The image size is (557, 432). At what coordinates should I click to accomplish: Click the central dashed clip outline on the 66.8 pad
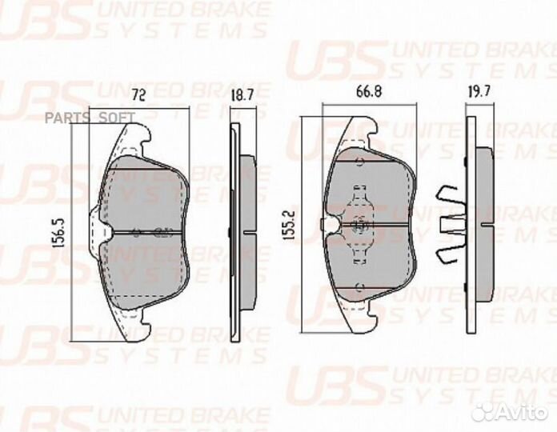pyautogui.click(x=359, y=226)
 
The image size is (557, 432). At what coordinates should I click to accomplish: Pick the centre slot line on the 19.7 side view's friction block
pyautogui.click(x=479, y=225)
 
